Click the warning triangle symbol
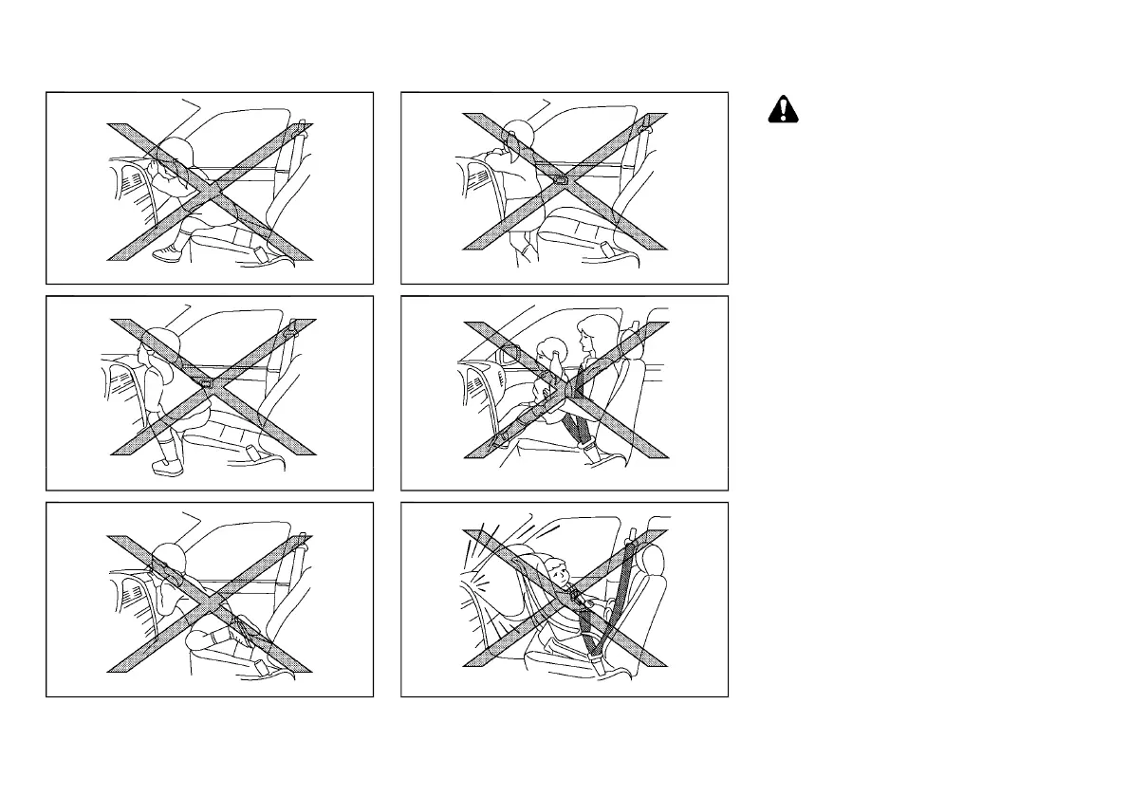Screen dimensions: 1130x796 click(783, 111)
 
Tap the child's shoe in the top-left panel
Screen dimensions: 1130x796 click(166, 253)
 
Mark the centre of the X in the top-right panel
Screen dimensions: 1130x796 click(565, 180)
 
